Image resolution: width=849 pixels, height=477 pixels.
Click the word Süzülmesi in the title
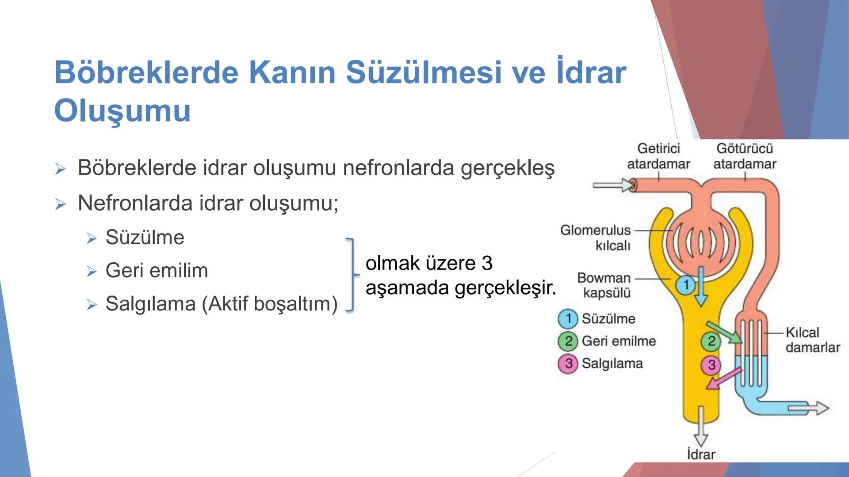point(424,72)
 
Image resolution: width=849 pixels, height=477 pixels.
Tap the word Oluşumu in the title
point(122,111)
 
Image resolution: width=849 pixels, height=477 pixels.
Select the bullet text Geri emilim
point(157,270)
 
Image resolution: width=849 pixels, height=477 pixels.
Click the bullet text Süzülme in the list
point(145,237)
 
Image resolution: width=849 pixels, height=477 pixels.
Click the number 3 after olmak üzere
point(486,263)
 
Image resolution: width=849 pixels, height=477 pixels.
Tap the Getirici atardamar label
point(658,156)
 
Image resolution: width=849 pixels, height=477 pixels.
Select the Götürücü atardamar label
point(745,156)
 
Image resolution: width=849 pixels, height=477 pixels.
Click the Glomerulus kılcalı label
point(596,237)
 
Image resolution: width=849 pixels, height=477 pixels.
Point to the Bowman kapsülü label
point(604,285)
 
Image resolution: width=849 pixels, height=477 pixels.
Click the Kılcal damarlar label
point(812,340)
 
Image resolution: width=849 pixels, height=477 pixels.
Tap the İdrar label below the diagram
point(701,454)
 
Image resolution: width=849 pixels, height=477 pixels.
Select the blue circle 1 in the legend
point(568,318)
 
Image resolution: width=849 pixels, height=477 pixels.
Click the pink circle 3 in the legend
point(568,363)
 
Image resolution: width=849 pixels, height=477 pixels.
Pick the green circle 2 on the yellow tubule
point(711,341)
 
